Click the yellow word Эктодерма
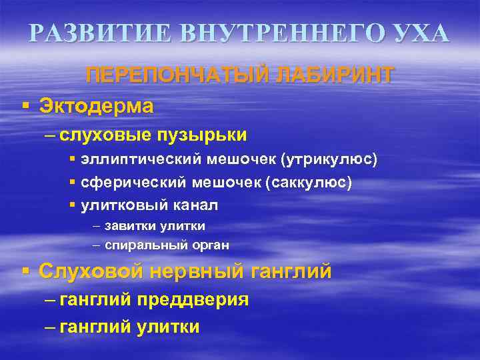tap(96, 105)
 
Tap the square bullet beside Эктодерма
tap(25, 105)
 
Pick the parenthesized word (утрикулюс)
tap(329, 161)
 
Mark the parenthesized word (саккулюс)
tap(309, 183)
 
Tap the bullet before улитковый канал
tap(72, 205)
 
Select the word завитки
tap(129, 225)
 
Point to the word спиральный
tap(139, 245)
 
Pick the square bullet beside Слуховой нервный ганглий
tap(25, 271)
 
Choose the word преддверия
tap(193, 300)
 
